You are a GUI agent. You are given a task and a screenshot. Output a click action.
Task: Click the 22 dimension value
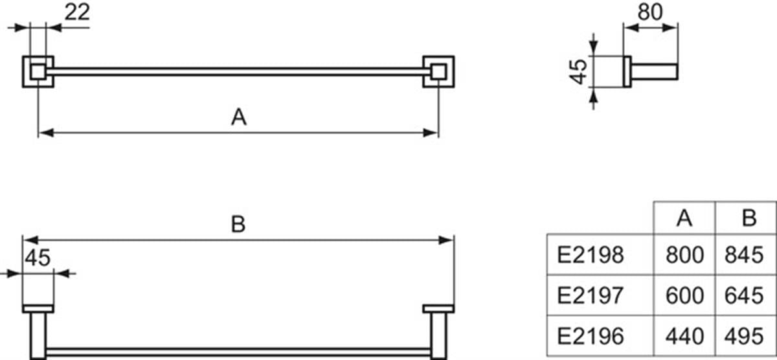pyautogui.click(x=77, y=12)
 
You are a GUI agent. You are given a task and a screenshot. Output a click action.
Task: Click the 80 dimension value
pyautogui.click(x=650, y=12)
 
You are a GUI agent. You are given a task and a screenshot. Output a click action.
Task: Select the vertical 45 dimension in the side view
pyautogui.click(x=578, y=72)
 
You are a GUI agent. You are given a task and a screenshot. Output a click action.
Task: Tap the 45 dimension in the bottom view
pyautogui.click(x=38, y=258)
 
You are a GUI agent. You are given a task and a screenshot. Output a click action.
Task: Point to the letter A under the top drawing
pyautogui.click(x=239, y=117)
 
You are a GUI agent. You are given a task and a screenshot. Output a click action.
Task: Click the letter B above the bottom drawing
pyautogui.click(x=238, y=224)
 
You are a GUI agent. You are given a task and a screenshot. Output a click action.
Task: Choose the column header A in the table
pyautogui.click(x=684, y=218)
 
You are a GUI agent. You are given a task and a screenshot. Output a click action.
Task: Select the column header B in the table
pyautogui.click(x=749, y=218)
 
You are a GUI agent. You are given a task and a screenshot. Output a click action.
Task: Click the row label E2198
pyautogui.click(x=591, y=255)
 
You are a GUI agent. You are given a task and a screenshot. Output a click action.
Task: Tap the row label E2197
pyautogui.click(x=591, y=295)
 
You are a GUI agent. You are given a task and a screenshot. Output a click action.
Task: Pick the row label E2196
pyautogui.click(x=591, y=336)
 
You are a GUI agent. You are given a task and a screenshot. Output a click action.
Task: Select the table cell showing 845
pyautogui.click(x=744, y=255)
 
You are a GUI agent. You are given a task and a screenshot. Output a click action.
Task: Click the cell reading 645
pyautogui.click(x=744, y=295)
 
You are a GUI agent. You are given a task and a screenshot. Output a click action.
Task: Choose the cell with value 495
pyautogui.click(x=744, y=336)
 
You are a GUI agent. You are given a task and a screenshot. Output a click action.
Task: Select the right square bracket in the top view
pyautogui.click(x=453, y=72)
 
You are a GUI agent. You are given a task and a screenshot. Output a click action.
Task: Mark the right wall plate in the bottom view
pyautogui.click(x=438, y=309)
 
